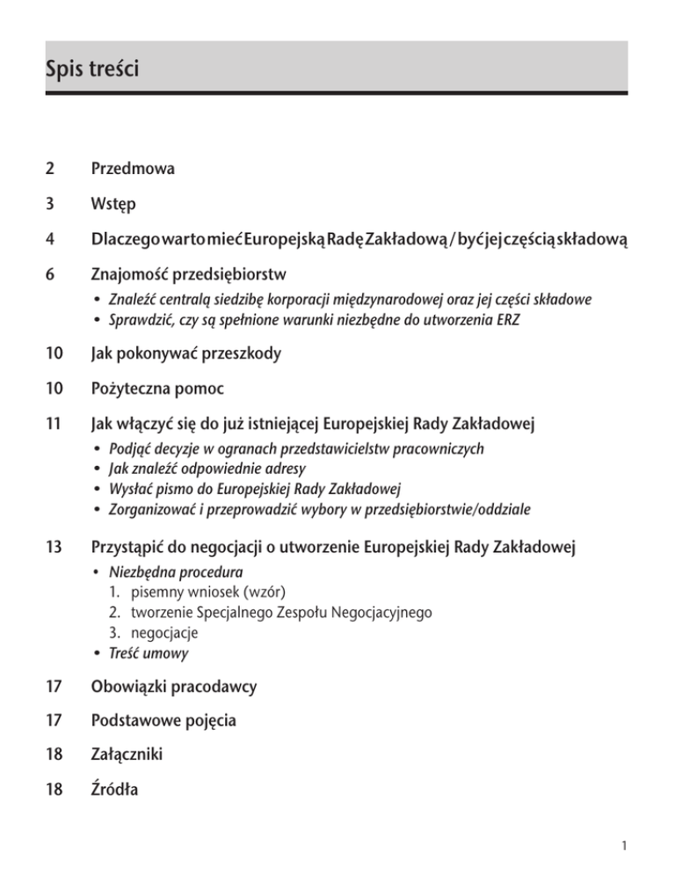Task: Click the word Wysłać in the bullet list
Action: (x=127, y=491)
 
